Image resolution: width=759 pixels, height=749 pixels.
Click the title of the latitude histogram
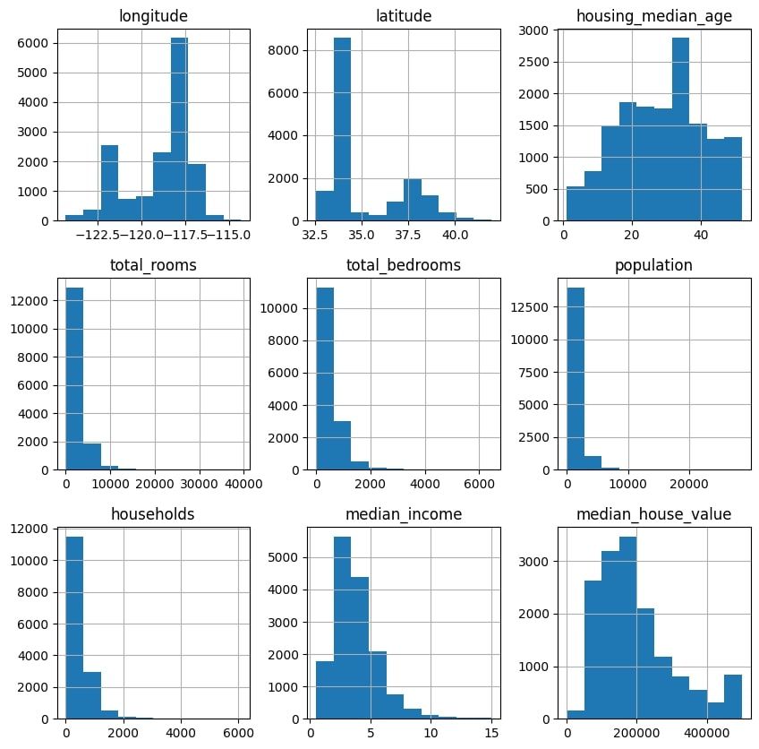pyautogui.click(x=406, y=13)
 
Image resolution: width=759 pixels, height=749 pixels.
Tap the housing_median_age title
pyautogui.click(x=653, y=13)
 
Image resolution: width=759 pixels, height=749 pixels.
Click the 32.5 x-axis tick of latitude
pyautogui.click(x=316, y=236)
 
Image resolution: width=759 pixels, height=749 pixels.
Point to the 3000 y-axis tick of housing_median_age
pyautogui.click(x=538, y=30)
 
